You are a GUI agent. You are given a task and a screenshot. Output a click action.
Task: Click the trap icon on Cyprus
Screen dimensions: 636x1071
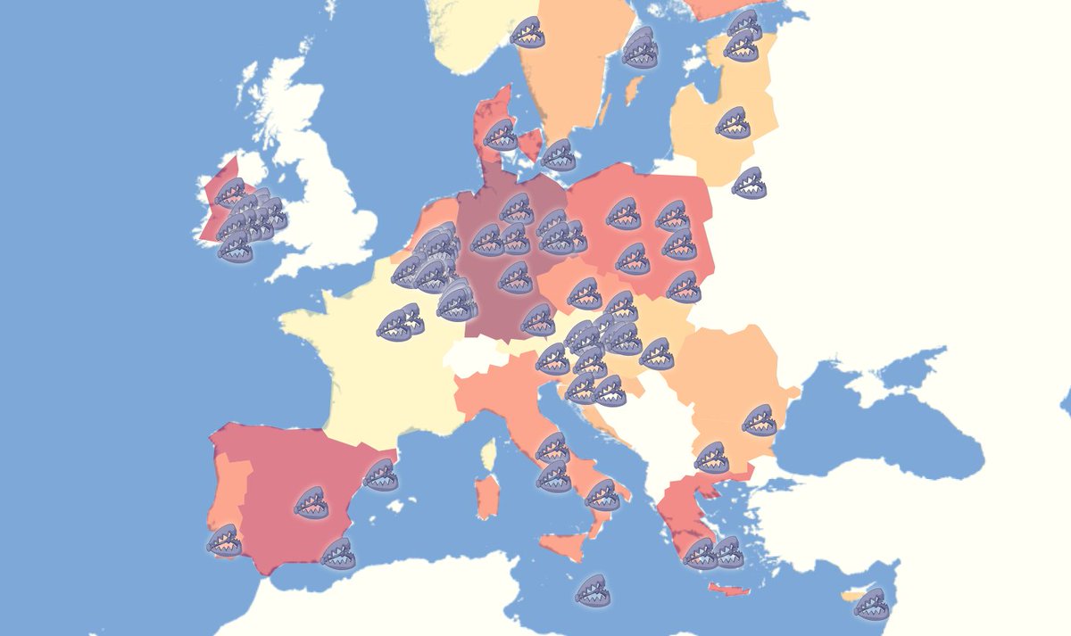(x=871, y=604)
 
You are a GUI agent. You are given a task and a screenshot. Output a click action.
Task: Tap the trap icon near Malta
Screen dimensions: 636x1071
(x=593, y=590)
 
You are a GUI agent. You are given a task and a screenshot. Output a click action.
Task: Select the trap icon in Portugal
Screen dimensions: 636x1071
(x=224, y=540)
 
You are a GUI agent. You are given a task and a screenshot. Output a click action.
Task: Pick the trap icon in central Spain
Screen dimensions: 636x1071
(x=311, y=502)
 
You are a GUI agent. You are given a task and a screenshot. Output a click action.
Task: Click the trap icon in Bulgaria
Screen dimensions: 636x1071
(x=760, y=419)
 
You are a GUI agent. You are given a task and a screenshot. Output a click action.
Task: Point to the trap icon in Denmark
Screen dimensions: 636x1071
(x=501, y=135)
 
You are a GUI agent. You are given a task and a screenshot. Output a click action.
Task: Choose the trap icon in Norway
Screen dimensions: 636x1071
(x=527, y=32)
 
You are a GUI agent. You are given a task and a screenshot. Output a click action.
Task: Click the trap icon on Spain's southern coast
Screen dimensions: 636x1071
(x=338, y=553)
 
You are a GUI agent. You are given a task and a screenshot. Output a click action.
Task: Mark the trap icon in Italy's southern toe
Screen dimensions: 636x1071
(x=602, y=494)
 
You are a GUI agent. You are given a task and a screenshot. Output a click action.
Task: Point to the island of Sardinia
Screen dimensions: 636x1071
(x=486, y=496)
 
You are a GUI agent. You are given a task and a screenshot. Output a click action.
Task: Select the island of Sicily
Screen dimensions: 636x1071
(x=562, y=545)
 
